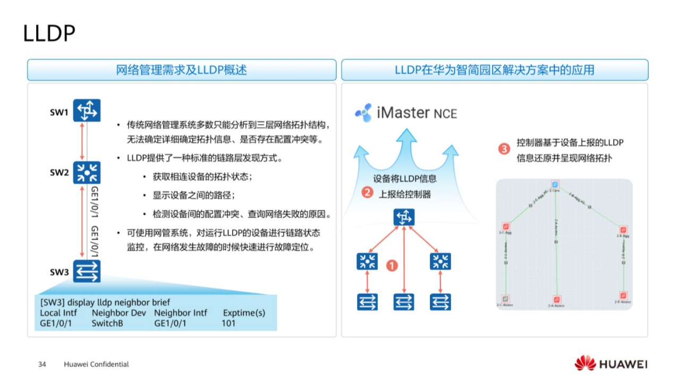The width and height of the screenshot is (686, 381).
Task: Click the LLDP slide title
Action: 49,33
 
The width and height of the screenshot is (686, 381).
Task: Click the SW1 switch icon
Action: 87,111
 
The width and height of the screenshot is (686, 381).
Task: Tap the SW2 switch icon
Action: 87,172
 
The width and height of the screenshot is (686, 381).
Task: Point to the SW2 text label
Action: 60,173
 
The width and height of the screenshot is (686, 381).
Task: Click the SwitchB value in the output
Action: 107,323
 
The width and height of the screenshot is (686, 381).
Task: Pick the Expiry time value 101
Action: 228,323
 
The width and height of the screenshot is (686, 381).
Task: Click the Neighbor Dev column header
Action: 118,313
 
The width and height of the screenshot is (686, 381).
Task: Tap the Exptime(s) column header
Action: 244,313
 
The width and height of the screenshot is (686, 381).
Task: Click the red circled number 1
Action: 392,265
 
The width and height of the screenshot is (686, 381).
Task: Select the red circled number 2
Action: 367,192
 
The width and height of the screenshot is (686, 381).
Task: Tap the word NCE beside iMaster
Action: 445,114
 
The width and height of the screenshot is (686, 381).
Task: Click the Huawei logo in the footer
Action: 611,364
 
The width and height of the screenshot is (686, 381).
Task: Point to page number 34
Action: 42,365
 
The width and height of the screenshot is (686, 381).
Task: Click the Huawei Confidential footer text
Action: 96,365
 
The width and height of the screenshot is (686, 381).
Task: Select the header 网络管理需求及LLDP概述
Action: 182,70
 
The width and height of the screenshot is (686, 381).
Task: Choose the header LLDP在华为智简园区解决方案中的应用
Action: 494,70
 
